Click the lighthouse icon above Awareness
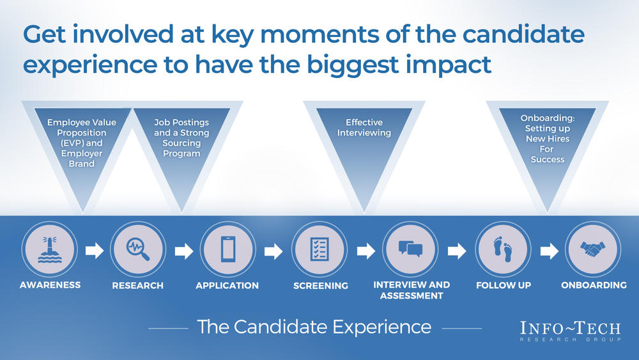point(50,249)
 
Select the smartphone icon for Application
point(228,249)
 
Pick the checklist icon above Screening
point(319,249)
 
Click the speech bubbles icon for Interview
point(410,249)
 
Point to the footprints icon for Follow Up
point(503,249)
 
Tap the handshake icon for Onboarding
point(593,249)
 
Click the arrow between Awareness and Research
point(95,251)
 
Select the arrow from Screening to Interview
point(366,251)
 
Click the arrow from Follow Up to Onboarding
point(549,251)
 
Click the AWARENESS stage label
point(50,285)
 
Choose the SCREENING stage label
point(321,286)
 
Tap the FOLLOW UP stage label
point(504,285)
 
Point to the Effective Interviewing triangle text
point(364,128)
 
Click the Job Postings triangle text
point(181,138)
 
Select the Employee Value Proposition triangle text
point(82,143)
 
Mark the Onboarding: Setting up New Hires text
point(548,139)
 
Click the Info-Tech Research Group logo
point(571,331)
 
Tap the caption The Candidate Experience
point(314,327)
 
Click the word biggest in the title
point(352,65)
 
